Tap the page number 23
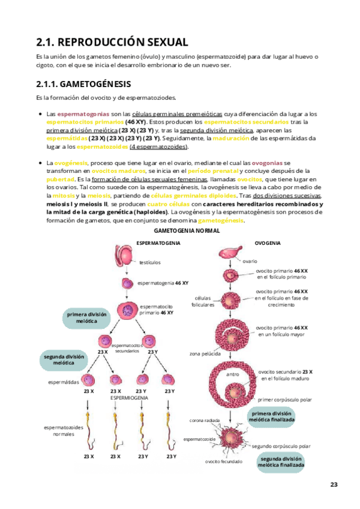point(334,484)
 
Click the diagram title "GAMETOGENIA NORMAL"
point(187,230)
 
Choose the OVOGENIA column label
point(266,243)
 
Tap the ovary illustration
point(231,254)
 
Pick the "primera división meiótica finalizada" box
point(273,417)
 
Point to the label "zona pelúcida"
point(202,354)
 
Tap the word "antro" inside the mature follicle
point(233,375)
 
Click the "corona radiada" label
point(203,420)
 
